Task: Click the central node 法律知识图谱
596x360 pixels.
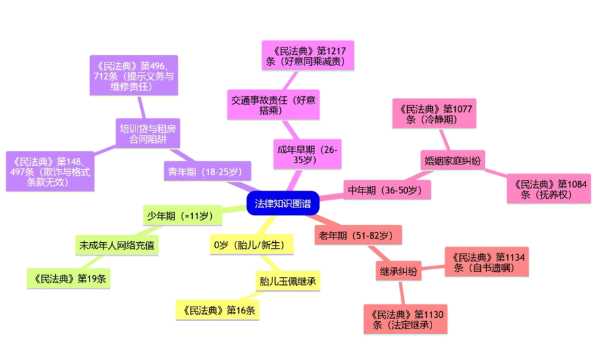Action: [283, 203]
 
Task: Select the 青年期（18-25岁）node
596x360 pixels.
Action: [206, 172]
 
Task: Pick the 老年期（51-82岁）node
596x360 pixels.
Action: [358, 235]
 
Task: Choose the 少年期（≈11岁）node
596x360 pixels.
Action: [179, 215]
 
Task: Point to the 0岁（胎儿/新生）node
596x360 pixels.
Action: [251, 245]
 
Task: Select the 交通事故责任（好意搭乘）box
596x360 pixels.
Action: [273, 105]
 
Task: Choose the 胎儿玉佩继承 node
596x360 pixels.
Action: [287, 282]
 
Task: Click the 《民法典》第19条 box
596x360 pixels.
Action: [69, 278]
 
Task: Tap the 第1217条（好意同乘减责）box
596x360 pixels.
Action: [308, 55]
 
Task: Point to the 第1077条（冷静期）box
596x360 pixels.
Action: [434, 113]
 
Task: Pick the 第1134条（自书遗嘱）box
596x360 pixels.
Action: [486, 262]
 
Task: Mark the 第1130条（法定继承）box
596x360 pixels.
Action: [405, 319]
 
